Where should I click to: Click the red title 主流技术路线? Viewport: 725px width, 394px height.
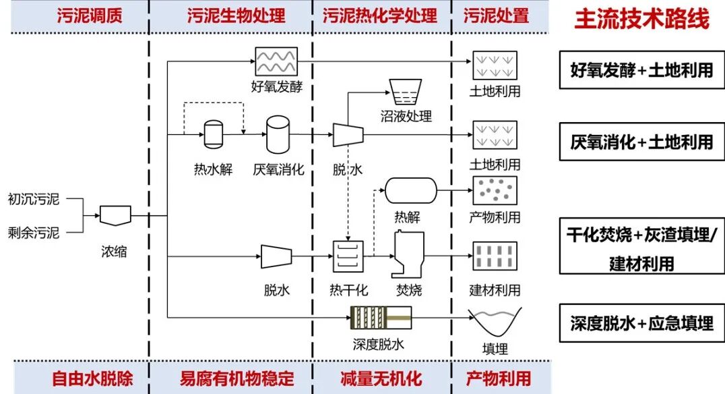point(641,19)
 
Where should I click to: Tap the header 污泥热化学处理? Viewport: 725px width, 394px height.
point(379,16)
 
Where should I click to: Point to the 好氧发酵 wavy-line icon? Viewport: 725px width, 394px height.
point(275,61)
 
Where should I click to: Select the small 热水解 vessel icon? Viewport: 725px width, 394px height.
point(213,134)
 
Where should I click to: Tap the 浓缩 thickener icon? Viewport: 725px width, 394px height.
point(115,215)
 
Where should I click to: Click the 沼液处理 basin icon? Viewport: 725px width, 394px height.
point(406,92)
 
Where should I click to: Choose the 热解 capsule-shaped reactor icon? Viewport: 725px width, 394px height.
point(411,190)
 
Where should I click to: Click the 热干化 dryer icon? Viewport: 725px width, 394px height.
point(348,256)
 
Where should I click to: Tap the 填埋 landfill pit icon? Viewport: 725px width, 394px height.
point(495,322)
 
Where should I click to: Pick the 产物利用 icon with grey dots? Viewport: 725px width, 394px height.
point(495,191)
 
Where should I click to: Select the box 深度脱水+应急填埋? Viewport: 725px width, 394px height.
point(641,323)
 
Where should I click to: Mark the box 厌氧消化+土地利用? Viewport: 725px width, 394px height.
point(641,142)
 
